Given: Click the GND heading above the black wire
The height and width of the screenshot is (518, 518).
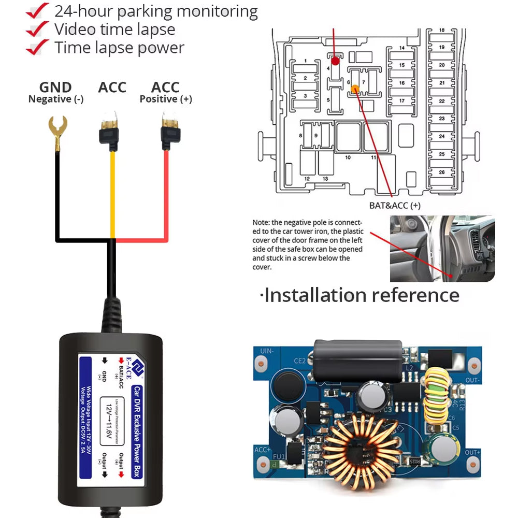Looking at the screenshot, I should pos(55,88).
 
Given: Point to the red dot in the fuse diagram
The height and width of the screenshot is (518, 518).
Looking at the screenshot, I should pos(335,61).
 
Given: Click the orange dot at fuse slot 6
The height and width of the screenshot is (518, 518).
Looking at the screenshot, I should pos(355,89).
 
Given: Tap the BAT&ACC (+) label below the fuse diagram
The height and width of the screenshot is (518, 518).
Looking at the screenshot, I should pos(395,206).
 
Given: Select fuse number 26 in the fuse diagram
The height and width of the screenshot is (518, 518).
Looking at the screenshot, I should pos(441,171).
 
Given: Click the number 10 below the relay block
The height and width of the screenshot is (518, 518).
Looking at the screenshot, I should pos(348,157).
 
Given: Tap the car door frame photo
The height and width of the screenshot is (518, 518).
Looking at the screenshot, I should pos(442,249).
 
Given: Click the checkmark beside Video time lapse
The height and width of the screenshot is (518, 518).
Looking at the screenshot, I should pos(37,30).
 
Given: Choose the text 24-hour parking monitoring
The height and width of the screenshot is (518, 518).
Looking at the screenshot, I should pos(156,11).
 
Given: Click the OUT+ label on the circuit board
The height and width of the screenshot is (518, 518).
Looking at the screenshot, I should pos(472,453).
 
